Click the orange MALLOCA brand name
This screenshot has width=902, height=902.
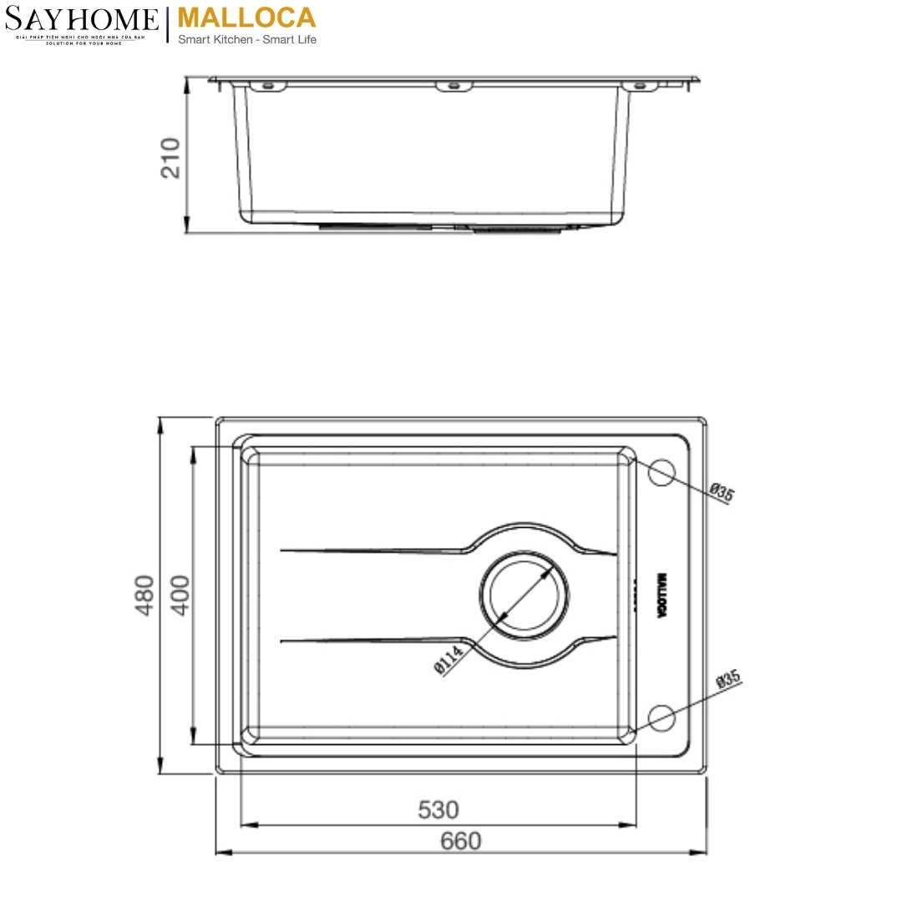point(247,18)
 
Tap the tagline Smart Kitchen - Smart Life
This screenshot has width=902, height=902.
point(247,39)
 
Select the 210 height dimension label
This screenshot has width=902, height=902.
point(170,157)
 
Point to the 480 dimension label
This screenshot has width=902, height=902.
point(145,595)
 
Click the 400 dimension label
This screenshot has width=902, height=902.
point(180,594)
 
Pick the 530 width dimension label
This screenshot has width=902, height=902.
point(438,809)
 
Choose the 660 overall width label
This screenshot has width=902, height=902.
point(460,839)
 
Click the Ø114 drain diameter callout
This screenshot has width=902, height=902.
point(448,661)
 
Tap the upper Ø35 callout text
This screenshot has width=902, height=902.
point(722,493)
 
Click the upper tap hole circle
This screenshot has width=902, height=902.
point(661,472)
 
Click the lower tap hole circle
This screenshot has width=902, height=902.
point(661,717)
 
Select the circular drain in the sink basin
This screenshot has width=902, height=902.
point(524,596)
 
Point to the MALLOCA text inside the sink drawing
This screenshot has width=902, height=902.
point(661,595)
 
